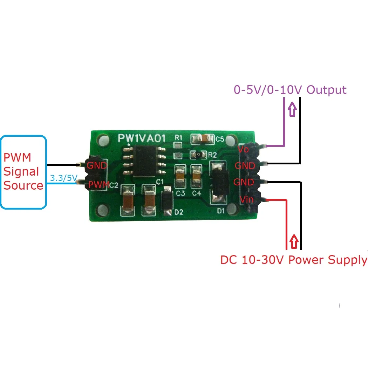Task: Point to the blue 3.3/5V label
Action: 63,178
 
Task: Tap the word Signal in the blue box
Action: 21,172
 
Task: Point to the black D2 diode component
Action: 166,202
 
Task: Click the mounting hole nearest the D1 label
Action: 232,209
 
